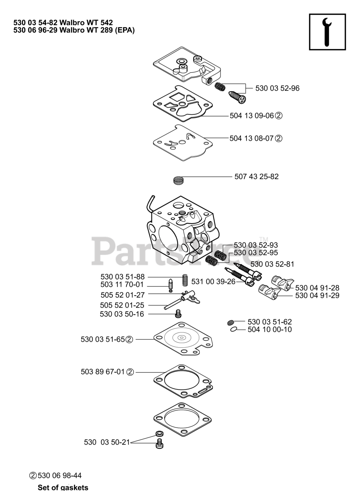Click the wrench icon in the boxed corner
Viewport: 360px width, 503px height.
(x=327, y=32)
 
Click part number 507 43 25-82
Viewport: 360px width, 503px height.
(x=256, y=177)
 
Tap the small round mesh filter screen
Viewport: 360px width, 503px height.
(x=179, y=181)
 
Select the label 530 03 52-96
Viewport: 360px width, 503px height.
(x=277, y=88)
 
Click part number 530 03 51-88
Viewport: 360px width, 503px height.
(x=123, y=277)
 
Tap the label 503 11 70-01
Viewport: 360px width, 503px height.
(x=123, y=285)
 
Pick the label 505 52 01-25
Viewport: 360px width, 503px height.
(x=123, y=305)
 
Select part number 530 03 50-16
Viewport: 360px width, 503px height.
(x=122, y=314)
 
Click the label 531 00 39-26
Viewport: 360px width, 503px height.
(x=213, y=282)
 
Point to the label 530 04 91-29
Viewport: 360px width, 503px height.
(x=317, y=296)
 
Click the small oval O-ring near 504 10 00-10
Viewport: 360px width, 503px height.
(x=234, y=329)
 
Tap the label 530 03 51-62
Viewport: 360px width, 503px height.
(x=270, y=322)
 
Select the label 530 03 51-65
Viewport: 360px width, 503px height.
(x=103, y=340)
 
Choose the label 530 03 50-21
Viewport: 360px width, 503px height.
(x=107, y=442)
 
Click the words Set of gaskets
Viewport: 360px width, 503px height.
(x=63, y=488)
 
